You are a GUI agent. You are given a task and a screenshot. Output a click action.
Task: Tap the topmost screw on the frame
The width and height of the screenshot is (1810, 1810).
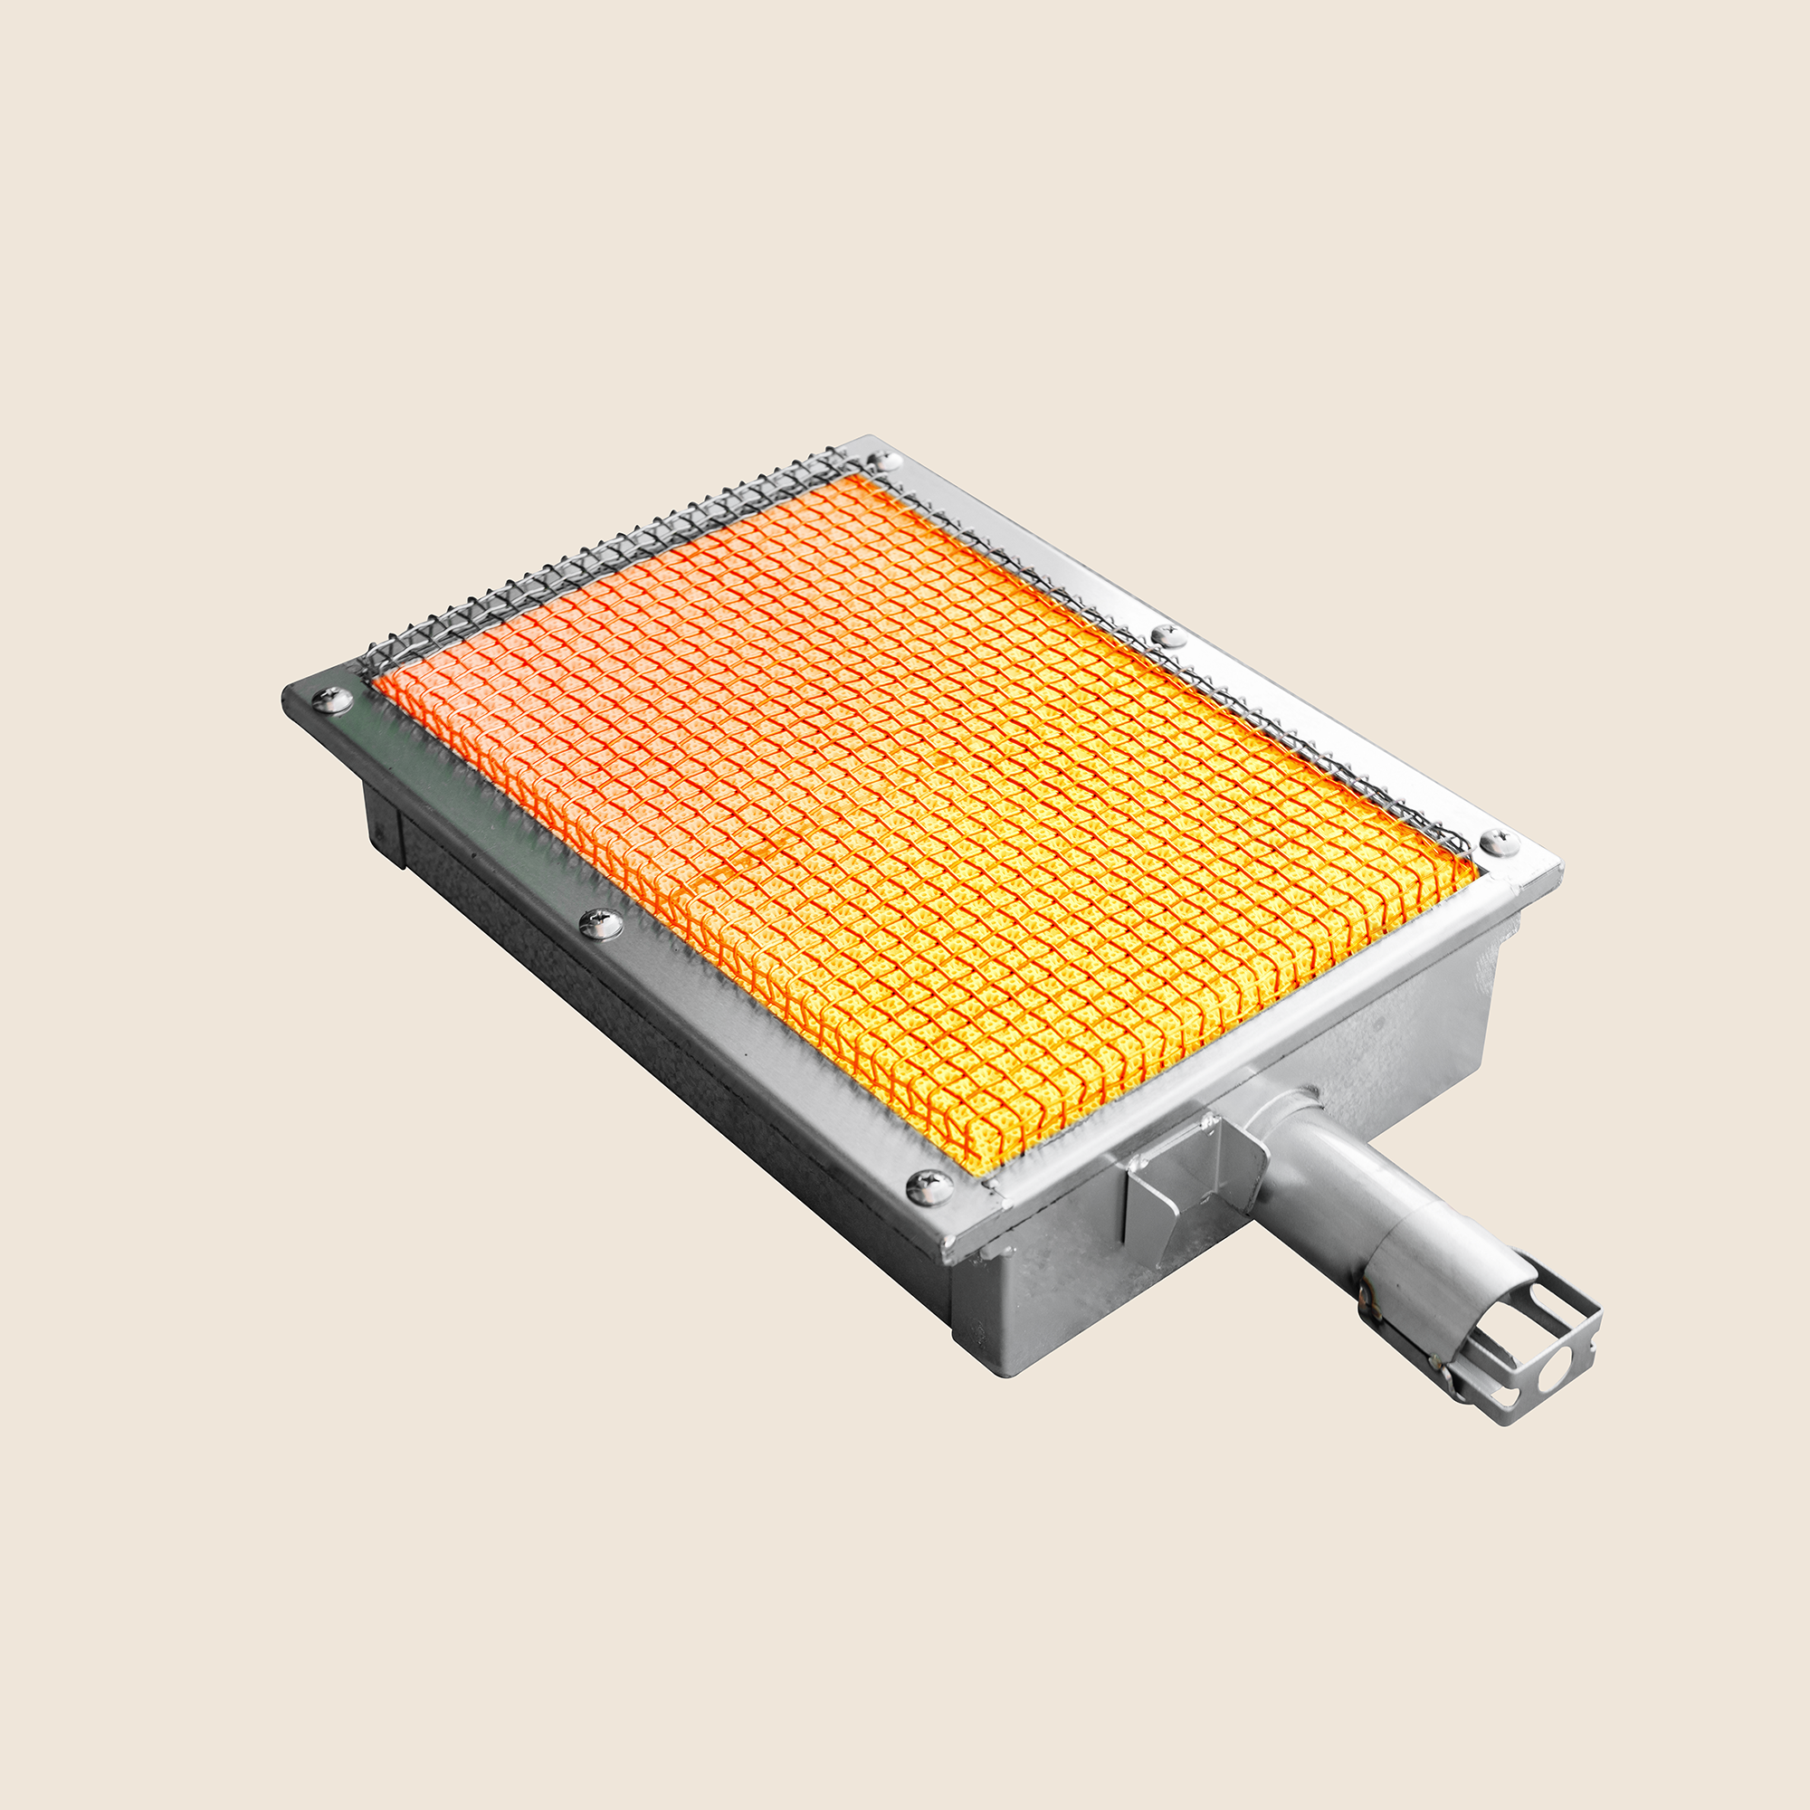point(883,460)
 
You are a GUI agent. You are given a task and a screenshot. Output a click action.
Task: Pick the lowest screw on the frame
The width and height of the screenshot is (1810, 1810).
point(929,1188)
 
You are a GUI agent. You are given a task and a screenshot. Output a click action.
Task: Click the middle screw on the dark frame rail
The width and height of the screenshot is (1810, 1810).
point(601,924)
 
